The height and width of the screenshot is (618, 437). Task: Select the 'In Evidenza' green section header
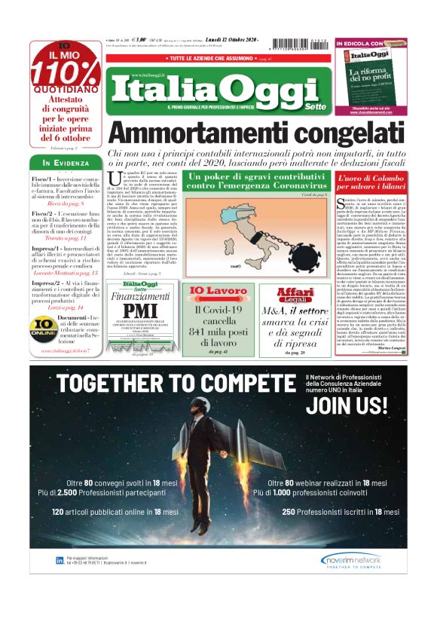66,163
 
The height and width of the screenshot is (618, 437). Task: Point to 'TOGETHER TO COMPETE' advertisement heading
171,383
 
